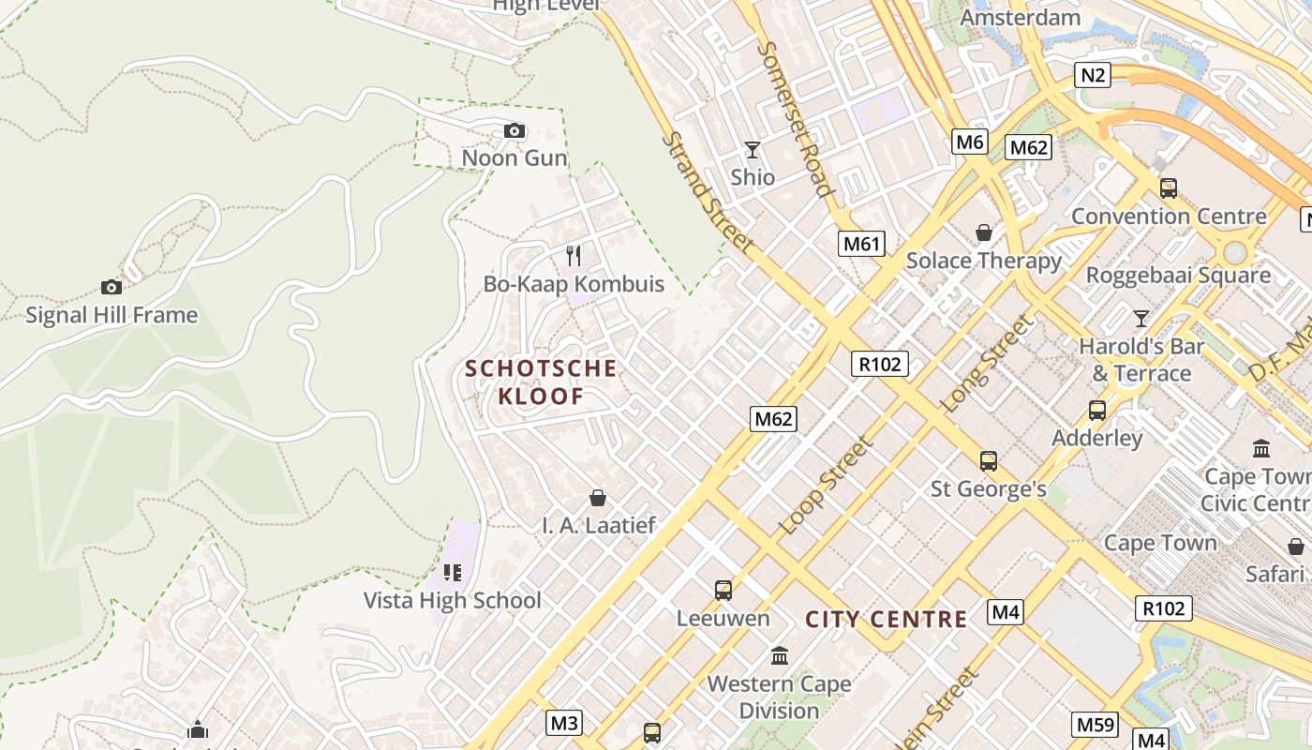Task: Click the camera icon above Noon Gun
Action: (x=514, y=131)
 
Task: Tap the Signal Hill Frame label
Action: (x=112, y=315)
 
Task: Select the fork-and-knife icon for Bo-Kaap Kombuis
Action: (x=574, y=255)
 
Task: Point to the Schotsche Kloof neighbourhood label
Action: (x=542, y=382)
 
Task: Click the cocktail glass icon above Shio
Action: (x=752, y=150)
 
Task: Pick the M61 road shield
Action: (x=862, y=245)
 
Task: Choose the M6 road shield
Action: (x=970, y=142)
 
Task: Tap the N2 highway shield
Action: (x=1092, y=74)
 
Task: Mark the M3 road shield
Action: (x=564, y=723)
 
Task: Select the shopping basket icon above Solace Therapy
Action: (x=984, y=232)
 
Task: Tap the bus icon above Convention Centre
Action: (x=1168, y=188)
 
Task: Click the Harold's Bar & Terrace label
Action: (x=1141, y=360)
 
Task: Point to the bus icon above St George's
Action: (x=988, y=461)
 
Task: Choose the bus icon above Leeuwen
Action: (x=723, y=591)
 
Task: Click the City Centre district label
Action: (x=886, y=620)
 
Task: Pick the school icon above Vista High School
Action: (x=453, y=572)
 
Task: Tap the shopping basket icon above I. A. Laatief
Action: (x=598, y=498)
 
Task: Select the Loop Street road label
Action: (x=826, y=485)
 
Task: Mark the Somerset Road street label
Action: (x=796, y=119)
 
